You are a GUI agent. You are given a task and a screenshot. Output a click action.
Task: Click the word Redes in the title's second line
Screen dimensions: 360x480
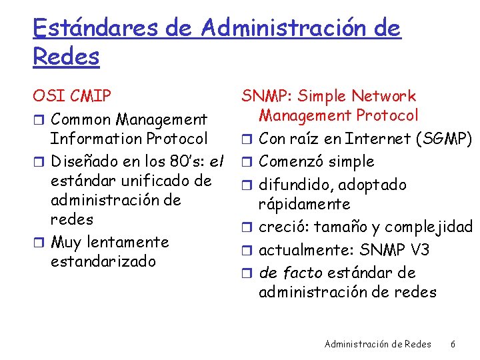[x=65, y=57]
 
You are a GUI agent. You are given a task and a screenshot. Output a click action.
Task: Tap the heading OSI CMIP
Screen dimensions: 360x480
[x=71, y=97]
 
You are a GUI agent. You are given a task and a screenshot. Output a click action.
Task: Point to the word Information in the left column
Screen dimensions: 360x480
[x=95, y=139]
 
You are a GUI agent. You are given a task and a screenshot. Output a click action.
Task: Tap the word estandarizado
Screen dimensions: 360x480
[x=103, y=261]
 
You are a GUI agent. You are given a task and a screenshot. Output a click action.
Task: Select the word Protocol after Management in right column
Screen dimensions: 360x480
[x=389, y=116]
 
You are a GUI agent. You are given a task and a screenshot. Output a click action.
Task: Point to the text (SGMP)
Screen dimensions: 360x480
[x=444, y=139]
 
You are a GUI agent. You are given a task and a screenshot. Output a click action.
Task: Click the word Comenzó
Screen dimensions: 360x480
[x=289, y=162]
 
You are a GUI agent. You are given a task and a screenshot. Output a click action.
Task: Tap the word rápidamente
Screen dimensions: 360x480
[x=304, y=204]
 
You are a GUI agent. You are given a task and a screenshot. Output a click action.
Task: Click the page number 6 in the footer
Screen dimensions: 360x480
[x=453, y=344]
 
